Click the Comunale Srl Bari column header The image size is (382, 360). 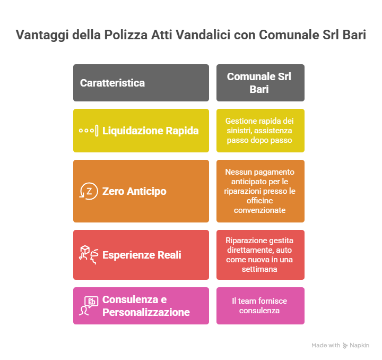pos(259,83)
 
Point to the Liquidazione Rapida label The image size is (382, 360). pos(150,131)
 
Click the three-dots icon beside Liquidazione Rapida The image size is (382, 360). pos(89,131)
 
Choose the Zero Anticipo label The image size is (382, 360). pos(134,191)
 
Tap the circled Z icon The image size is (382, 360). pos(89,191)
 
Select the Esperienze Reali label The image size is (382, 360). pos(142,255)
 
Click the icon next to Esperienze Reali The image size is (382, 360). pos(89,255)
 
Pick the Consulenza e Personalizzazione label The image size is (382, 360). pos(146,306)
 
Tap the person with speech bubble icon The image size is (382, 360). pos(89,306)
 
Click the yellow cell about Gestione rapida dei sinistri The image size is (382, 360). pos(261,131)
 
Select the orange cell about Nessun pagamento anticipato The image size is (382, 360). pos(261,191)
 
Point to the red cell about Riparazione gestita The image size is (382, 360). pos(261,255)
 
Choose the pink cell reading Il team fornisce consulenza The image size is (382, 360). pos(261,306)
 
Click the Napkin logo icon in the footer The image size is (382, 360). pos(345,345)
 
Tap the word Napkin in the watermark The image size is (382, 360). pos(359,345)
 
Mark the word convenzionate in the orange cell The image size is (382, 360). pos(259,210)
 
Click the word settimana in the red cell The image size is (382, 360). pos(259,269)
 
